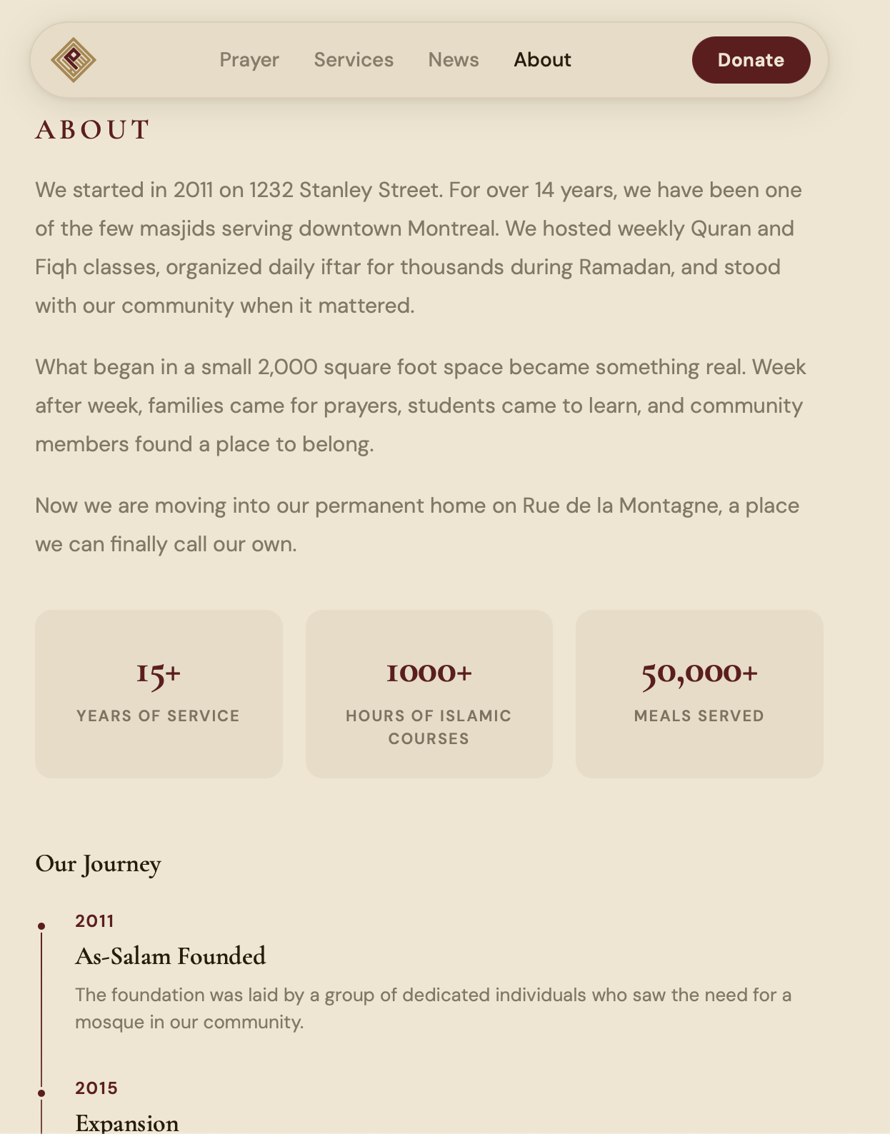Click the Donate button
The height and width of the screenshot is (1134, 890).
[751, 60]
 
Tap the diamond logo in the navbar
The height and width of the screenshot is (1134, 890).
[74, 60]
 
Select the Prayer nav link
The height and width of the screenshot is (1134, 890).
[249, 60]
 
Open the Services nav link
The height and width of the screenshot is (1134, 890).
[354, 60]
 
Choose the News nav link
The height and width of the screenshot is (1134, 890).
[454, 60]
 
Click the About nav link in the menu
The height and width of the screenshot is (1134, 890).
[542, 60]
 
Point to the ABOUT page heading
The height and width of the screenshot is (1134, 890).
[93, 130]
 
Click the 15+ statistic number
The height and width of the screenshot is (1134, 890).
[159, 673]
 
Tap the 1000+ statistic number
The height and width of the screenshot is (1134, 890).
[429, 673]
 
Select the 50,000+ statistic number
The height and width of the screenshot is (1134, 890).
[699, 673]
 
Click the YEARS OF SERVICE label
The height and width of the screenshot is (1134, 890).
[159, 716]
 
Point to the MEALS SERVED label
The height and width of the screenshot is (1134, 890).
[699, 716]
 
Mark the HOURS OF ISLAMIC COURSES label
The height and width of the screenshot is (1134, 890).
[429, 727]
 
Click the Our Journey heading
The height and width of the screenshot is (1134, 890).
[99, 864]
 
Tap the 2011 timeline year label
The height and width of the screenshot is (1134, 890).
[95, 921]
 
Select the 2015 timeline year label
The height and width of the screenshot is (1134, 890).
[96, 1088]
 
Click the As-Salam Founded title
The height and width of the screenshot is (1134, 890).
[171, 956]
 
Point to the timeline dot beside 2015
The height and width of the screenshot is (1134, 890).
[41, 1093]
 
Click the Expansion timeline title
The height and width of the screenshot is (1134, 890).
[127, 1123]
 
